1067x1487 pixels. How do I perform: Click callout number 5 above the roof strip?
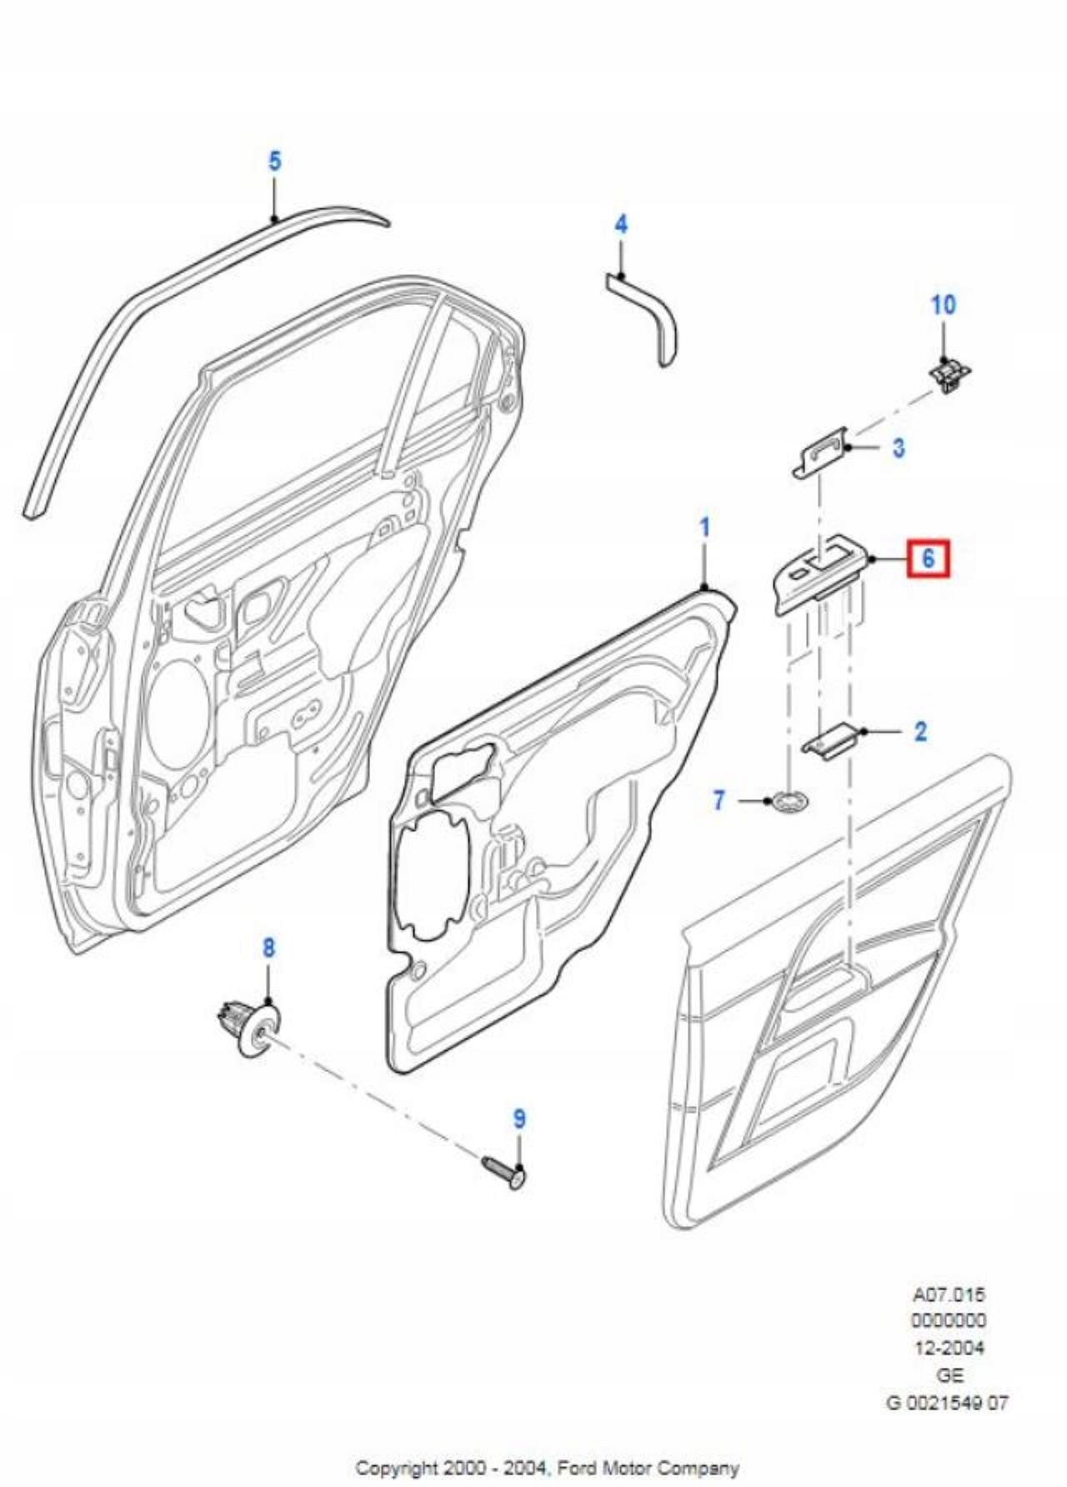pos(275,160)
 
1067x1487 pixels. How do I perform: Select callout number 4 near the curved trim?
pos(621,224)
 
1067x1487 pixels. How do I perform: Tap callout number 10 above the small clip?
pos(943,305)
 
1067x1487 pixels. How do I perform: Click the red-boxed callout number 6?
pos(929,557)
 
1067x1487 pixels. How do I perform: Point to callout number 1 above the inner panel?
pos(705,528)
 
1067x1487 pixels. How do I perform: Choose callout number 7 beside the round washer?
pos(719,800)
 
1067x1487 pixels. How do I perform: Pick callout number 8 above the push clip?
pos(268,948)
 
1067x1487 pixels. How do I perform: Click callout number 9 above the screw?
pos(519,1119)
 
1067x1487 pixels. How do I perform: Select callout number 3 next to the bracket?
pos(898,448)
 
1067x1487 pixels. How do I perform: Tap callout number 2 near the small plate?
pos(919,731)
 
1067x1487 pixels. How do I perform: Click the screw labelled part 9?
pos(504,1172)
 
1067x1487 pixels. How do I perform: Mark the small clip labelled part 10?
pos(950,374)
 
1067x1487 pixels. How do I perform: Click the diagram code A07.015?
pos(949,1294)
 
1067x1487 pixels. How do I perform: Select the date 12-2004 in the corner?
pos(949,1348)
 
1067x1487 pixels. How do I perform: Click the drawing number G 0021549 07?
pos(948,1403)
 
